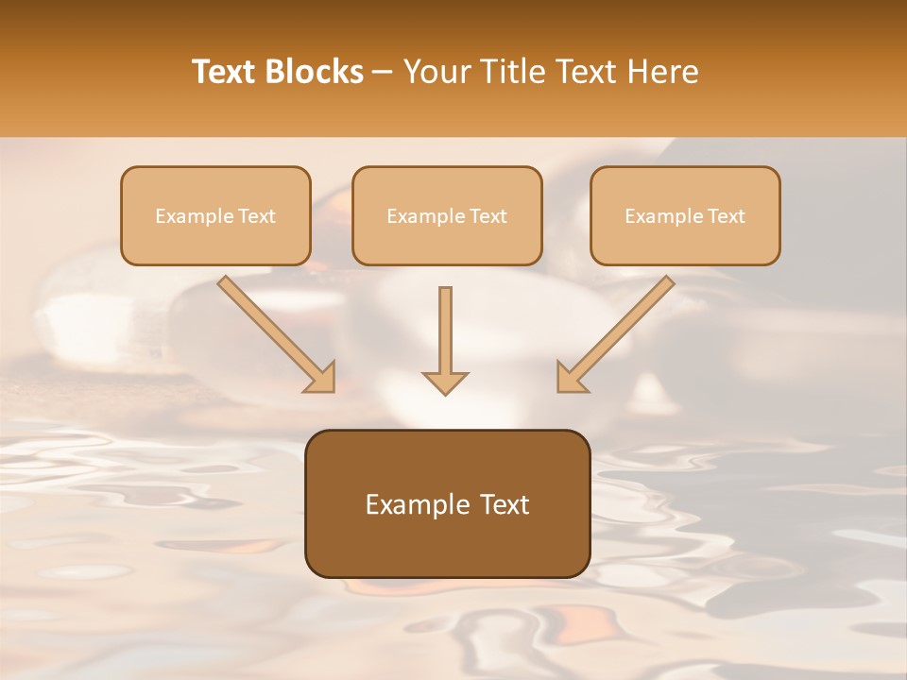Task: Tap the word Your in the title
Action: [437, 72]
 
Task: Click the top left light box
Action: [215, 215]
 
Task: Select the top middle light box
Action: [447, 215]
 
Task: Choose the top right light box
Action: [685, 215]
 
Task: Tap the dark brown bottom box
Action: [447, 503]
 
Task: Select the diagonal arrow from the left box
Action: [277, 334]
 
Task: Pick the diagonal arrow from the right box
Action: [615, 334]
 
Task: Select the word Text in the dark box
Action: [506, 504]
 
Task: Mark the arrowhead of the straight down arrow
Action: [445, 382]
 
